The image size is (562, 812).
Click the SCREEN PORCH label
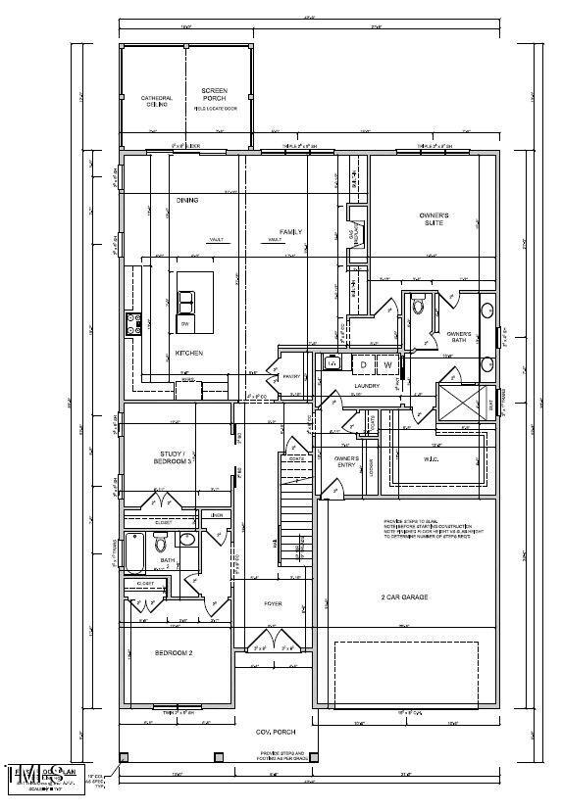[x=214, y=95]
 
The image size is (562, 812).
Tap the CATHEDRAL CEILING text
[x=157, y=101]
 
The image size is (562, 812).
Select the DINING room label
[x=187, y=200]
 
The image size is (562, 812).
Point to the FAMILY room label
[x=290, y=232]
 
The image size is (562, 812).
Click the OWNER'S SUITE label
[x=434, y=218]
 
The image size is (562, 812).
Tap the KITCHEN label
[x=189, y=353]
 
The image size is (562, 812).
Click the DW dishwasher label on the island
[x=184, y=323]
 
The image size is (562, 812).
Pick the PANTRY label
[x=291, y=376]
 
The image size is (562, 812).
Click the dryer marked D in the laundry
[x=389, y=365]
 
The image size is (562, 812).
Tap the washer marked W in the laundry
[x=415, y=365]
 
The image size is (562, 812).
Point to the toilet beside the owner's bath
[x=418, y=306]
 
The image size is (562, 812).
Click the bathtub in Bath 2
[x=139, y=553]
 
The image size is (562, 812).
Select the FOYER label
[x=273, y=603]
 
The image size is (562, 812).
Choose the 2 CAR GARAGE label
[x=404, y=597]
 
